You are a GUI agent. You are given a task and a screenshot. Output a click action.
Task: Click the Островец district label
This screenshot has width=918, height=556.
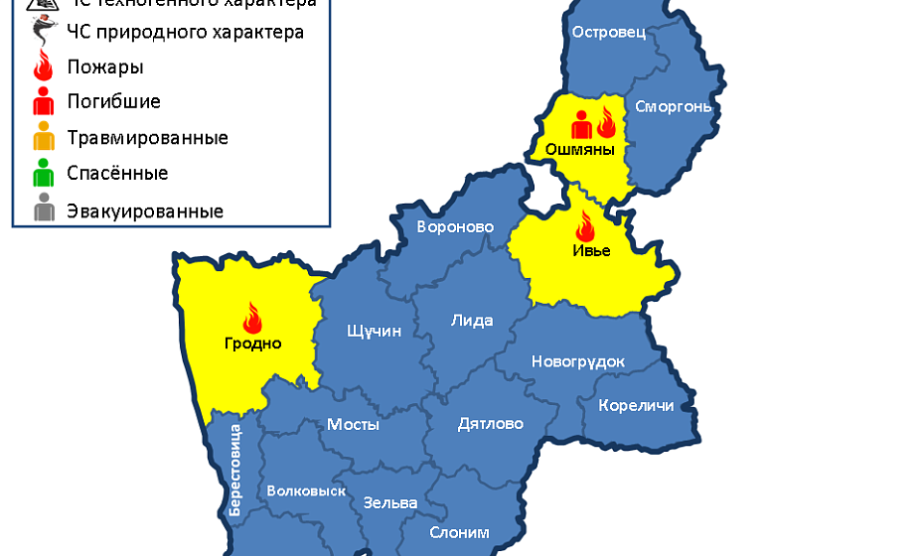tap(609, 32)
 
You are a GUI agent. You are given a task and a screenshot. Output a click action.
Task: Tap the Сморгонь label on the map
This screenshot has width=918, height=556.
tap(673, 106)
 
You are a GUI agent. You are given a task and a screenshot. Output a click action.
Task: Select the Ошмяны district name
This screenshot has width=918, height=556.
tap(580, 150)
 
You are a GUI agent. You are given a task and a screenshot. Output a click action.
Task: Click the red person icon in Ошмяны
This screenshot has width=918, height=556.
tap(581, 125)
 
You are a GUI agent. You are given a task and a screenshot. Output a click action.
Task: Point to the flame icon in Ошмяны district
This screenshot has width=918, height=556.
tap(605, 123)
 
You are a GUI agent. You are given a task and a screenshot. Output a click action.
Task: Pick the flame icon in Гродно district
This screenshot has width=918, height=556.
tap(251, 318)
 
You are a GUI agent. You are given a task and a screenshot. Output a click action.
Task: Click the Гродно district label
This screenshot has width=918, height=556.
tap(251, 344)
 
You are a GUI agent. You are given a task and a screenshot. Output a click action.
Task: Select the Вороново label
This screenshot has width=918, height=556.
tap(455, 226)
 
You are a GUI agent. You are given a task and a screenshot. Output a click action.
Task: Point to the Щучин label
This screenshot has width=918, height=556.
tap(375, 331)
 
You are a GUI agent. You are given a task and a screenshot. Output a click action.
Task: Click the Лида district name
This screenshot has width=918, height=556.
tap(471, 321)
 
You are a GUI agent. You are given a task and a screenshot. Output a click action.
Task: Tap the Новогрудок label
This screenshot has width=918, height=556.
tap(578, 361)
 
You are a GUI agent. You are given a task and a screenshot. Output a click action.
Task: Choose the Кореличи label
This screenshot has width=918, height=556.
tap(636, 406)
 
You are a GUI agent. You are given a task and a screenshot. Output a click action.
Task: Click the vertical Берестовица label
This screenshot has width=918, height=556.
tap(235, 470)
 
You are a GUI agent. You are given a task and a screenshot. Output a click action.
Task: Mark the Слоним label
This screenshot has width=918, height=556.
tap(459, 532)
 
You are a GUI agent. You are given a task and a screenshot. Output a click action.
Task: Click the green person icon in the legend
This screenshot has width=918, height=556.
tap(44, 174)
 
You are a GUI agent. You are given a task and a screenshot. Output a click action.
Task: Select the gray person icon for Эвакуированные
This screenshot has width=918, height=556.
tap(44, 210)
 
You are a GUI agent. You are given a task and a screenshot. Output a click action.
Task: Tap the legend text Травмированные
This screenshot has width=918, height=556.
tap(147, 137)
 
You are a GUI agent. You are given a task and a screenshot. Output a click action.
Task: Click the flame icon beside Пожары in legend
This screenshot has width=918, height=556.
tap(43, 68)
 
